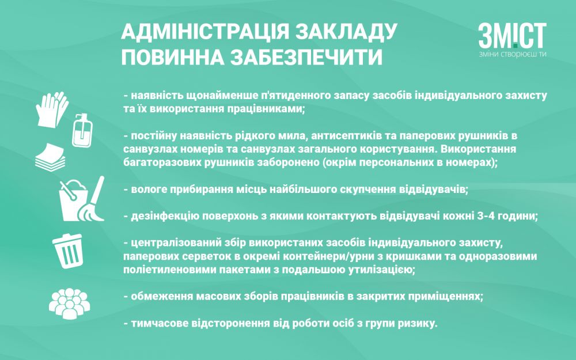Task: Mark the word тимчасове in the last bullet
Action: tap(157, 324)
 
